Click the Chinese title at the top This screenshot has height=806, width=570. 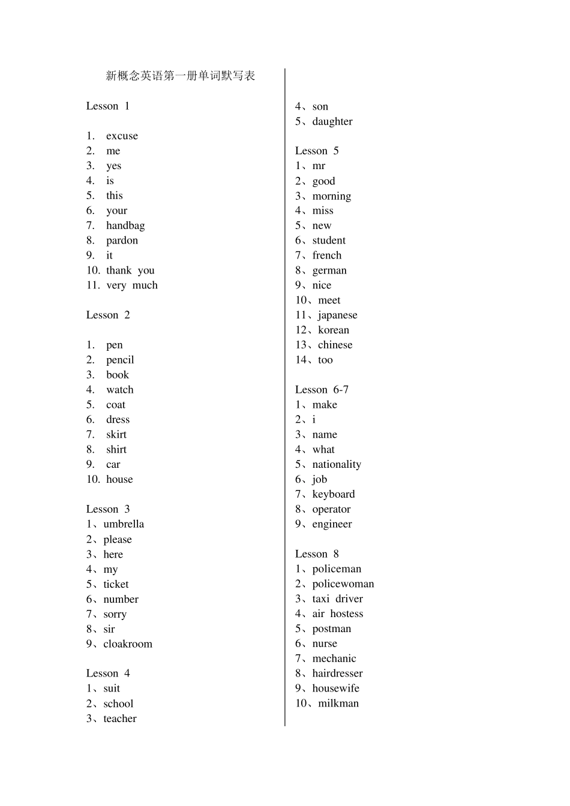coord(180,76)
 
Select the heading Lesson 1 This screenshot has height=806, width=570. coord(108,106)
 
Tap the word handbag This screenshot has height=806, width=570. coord(125,225)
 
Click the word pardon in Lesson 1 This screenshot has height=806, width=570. coord(122,240)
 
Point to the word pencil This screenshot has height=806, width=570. coord(120,360)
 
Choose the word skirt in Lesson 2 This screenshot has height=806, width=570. coord(116,434)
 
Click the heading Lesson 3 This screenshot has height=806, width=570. coord(108,509)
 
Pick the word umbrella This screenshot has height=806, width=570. coord(124,524)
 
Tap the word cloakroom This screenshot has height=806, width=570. coord(128,644)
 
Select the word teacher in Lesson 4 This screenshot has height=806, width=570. coord(120,718)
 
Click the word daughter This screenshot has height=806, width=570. coord(332,121)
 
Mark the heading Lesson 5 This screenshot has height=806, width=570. coord(317,151)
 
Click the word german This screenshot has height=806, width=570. coord(329,270)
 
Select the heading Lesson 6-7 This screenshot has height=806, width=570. coord(322,390)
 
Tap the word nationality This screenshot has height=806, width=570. coord(337,464)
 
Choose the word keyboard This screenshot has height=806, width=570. coord(334,494)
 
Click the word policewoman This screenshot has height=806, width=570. coord(343,584)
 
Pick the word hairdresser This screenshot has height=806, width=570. coord(337,673)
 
